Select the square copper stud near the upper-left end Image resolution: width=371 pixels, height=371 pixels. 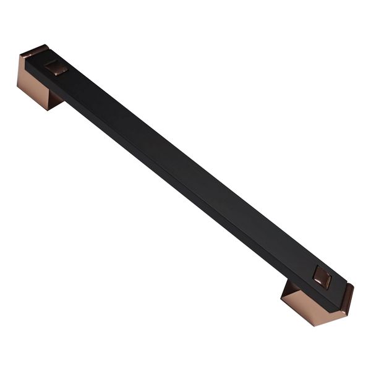pyautogui.click(x=56, y=67)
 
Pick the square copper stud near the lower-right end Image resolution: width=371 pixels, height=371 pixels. pyautogui.click(x=322, y=278)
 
